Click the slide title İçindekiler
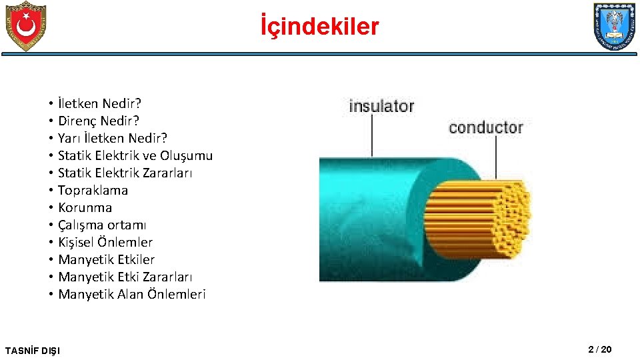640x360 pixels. tap(319, 27)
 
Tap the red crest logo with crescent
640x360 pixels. tap(25, 26)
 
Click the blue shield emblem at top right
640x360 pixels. tap(614, 27)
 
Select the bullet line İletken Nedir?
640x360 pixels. tap(99, 103)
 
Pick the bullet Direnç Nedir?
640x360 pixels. tap(99, 121)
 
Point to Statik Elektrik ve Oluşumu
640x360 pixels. tap(135, 155)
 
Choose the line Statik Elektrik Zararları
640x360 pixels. tap(125, 173)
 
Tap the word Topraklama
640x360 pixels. tap(93, 190)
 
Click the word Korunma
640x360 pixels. tap(85, 207)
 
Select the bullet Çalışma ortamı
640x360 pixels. tap(102, 225)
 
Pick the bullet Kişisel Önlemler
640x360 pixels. tap(105, 242)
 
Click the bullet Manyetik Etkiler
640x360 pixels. tap(106, 259)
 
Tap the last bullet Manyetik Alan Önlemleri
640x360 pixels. tap(132, 294)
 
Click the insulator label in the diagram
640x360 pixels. tap(381, 106)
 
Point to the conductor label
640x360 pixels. tap(485, 127)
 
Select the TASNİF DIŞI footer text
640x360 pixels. tap(32, 351)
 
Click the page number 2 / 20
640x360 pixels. tap(599, 350)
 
